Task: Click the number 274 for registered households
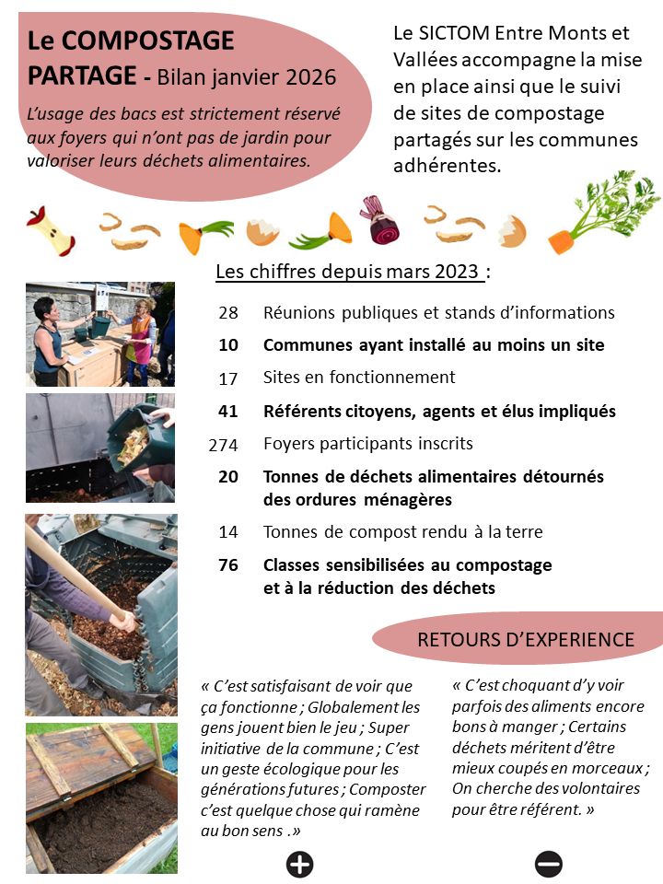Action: (x=223, y=445)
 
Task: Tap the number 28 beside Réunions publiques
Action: (x=228, y=313)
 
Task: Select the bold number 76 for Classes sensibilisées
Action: (x=228, y=564)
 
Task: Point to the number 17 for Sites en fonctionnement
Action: (x=228, y=378)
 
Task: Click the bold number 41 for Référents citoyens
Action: (x=228, y=412)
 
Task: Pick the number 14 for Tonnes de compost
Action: (x=228, y=532)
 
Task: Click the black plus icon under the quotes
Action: (x=300, y=864)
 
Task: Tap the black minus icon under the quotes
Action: (x=549, y=864)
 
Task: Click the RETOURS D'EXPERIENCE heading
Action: (x=525, y=640)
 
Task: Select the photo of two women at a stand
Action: (x=99, y=333)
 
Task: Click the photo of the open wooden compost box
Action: (x=100, y=797)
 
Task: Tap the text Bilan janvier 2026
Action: (x=247, y=76)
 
